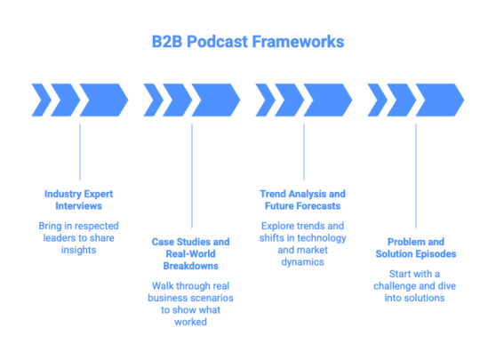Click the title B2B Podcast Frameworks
coord(247,42)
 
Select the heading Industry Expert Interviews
coord(79,198)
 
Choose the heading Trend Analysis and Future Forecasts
coord(303,198)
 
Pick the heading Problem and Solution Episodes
coord(415,247)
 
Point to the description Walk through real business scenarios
coord(191,303)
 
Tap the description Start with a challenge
coord(415,285)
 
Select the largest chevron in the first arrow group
coord(103,100)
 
